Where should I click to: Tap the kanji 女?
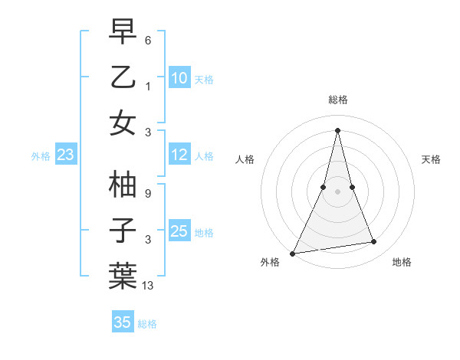(x=123, y=123)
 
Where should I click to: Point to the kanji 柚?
(x=123, y=185)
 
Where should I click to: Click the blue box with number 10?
(x=179, y=78)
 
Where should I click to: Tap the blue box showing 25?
(x=179, y=231)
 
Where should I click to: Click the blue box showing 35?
(x=123, y=322)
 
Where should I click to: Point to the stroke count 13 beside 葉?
(x=149, y=286)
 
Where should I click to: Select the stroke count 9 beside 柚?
(x=148, y=194)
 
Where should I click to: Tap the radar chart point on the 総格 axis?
(x=338, y=130)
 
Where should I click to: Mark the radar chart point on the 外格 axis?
(x=293, y=253)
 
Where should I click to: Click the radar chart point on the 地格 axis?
(x=374, y=242)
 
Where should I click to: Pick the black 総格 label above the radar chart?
(x=338, y=100)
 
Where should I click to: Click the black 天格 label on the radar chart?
(x=432, y=159)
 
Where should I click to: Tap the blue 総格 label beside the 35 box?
(x=147, y=324)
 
